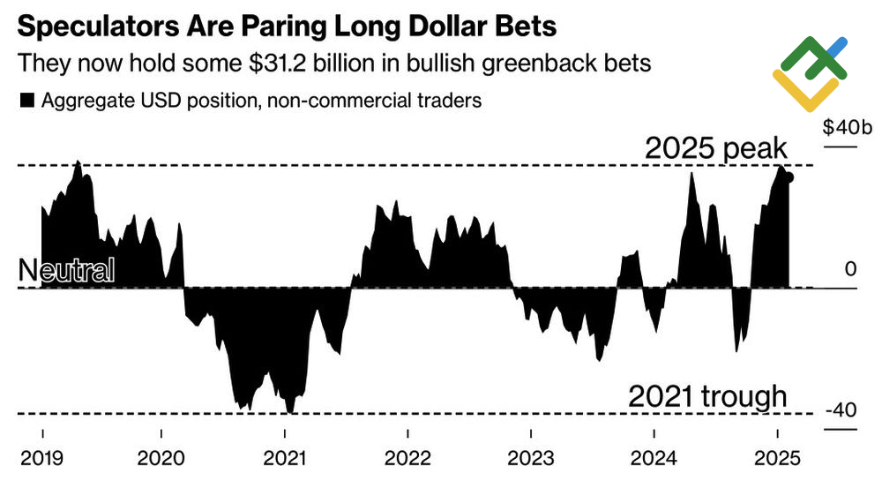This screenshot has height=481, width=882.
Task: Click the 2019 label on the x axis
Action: [x=42, y=458]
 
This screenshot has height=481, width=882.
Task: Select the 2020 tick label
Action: [x=161, y=458]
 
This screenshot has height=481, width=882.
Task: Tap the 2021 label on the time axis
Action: [x=285, y=458]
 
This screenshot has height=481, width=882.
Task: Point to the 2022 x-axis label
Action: [x=407, y=458]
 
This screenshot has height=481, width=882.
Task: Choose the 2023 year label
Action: [x=530, y=458]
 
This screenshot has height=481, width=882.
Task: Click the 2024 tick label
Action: [x=654, y=458]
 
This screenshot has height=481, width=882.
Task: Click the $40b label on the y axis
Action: [x=848, y=127]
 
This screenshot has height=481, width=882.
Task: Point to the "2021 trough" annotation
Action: [x=706, y=396]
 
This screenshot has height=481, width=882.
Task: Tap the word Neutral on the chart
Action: [x=66, y=271]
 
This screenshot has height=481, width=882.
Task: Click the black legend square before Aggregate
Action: [x=26, y=101]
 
